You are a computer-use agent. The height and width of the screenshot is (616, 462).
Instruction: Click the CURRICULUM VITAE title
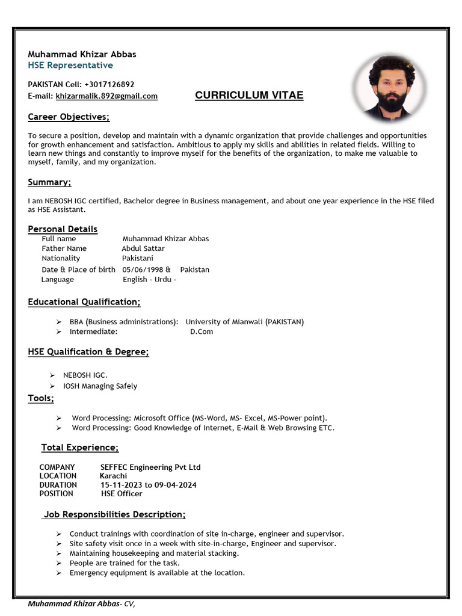coord(249,95)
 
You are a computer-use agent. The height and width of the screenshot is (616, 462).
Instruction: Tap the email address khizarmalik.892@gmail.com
coord(106,96)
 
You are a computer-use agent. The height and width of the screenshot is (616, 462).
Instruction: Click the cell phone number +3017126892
coord(109,84)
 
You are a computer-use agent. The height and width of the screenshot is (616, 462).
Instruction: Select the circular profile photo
coord(390,85)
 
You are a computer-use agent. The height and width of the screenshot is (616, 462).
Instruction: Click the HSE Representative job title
coord(70,65)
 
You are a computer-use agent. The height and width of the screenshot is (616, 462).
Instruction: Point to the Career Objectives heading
coord(69,117)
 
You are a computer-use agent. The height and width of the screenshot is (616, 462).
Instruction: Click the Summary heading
coord(49,182)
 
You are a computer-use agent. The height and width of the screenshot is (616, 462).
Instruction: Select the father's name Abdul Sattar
coord(143,248)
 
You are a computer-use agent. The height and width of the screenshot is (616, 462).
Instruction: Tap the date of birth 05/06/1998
coord(142,269)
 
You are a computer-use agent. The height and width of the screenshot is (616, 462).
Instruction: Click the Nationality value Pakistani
coord(138,258)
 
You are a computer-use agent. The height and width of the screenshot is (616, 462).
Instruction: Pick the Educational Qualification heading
coord(84,302)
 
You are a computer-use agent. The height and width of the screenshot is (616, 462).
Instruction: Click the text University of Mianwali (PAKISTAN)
coord(244,322)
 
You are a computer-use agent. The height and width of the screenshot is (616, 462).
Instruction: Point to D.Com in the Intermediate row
coord(202,331)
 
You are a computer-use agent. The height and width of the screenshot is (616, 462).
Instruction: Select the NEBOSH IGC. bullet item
coord(85,375)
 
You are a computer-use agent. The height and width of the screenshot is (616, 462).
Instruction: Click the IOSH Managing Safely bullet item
coord(100,386)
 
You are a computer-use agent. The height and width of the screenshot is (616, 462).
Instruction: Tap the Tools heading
coord(41,398)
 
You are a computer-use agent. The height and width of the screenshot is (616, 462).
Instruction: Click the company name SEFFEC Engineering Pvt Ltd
coord(150,467)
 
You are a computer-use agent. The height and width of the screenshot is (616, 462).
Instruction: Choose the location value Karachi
coord(113,476)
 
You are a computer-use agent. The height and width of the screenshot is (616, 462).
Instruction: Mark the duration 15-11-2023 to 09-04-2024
coord(149,485)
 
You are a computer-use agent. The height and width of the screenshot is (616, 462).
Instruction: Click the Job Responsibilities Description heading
coord(114,514)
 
